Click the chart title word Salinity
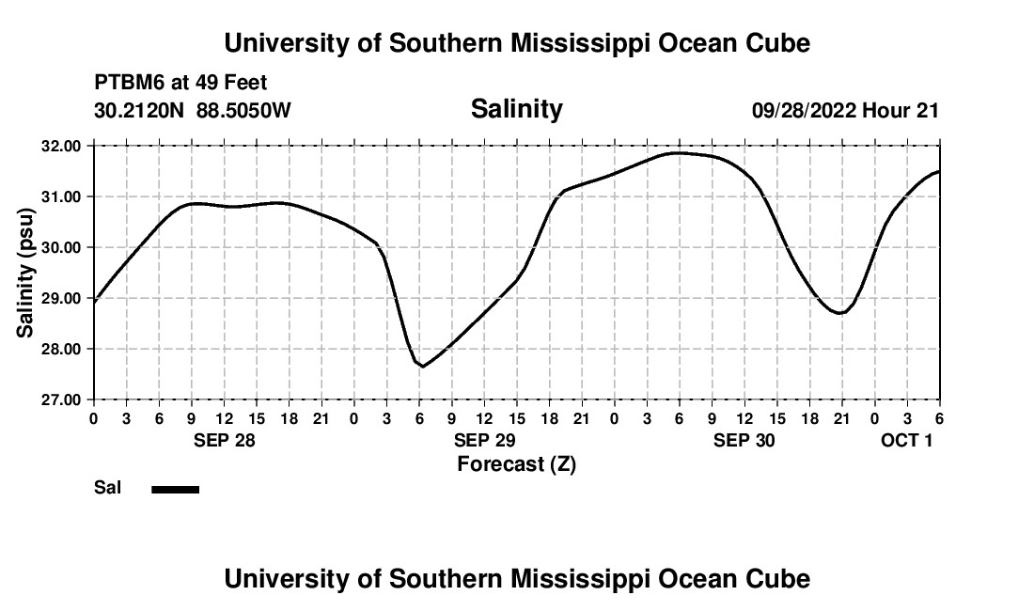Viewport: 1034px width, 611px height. point(516,109)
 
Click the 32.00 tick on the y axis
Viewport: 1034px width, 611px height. point(62,147)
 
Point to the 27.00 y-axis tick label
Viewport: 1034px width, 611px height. point(62,400)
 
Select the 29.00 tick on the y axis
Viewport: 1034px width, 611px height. point(62,299)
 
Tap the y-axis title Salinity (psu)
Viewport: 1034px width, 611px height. point(25,273)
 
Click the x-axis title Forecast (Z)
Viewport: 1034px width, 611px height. point(516,464)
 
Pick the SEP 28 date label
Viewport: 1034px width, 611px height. point(225,440)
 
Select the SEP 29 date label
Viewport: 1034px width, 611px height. point(484,440)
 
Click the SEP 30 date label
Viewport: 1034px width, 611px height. point(744,440)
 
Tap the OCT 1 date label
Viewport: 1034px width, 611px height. point(906,440)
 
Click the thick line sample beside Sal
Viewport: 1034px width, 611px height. point(176,489)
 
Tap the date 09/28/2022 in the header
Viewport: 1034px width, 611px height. point(804,110)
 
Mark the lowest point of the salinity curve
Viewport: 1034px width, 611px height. point(423,366)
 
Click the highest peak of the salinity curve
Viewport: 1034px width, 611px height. point(679,152)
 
